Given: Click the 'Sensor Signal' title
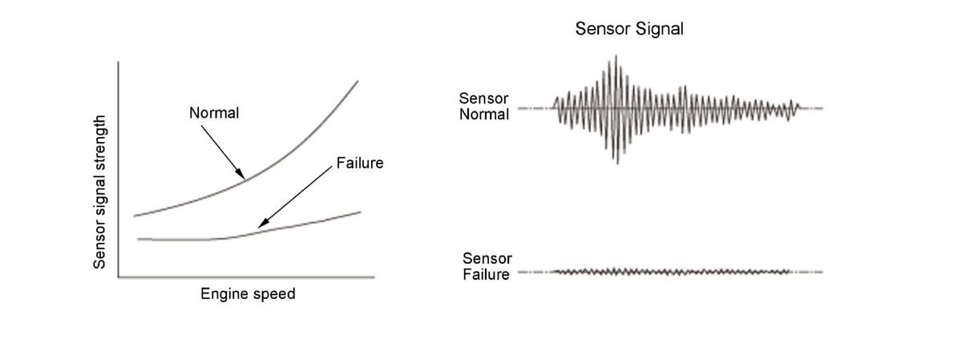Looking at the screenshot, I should coord(629,30).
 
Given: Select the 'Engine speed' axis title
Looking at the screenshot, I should coord(248,294).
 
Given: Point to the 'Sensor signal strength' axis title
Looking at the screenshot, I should coord(100,192).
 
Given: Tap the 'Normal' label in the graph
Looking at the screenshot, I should coord(214,113).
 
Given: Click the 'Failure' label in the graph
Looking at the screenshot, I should coord(360,163).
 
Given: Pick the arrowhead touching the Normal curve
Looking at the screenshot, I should coord(241,176).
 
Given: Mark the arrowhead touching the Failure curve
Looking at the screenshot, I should coord(261,226).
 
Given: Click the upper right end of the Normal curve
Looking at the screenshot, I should coord(357,81).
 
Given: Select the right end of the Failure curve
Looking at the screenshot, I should coord(360,212).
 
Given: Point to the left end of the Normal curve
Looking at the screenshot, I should coord(134,216).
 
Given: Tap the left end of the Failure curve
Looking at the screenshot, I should coord(138,238).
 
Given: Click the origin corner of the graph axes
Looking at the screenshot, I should coord(119,277).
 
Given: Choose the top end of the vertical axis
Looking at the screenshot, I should coord(119,62).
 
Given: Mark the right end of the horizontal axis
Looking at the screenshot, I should coord(374,277).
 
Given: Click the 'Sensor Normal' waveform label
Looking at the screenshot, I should coord(484,107).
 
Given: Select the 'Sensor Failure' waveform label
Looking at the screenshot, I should coord(487,267).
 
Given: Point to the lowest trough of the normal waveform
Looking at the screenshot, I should coord(616,162).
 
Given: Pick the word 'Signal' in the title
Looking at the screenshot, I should coord(658,30).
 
